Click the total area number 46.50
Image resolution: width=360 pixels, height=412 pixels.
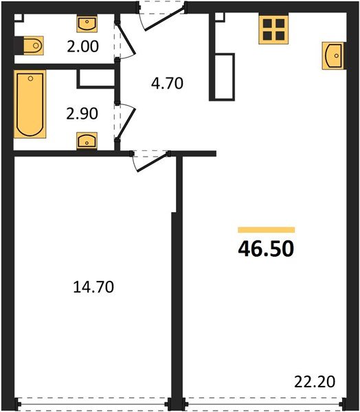coord(266,248)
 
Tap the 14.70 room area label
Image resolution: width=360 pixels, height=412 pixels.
coord(93,288)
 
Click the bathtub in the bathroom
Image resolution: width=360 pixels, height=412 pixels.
coord(30,104)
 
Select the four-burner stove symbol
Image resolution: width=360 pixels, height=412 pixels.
coord(273,30)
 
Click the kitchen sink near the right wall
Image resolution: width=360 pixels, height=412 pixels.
coord(332,55)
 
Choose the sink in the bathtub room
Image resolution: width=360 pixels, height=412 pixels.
coord(86,141)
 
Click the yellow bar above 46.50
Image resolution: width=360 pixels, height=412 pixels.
coord(266,230)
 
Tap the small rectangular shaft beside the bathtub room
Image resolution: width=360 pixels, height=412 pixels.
coord(95,77)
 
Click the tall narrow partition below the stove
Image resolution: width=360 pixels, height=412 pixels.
coord(223,75)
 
